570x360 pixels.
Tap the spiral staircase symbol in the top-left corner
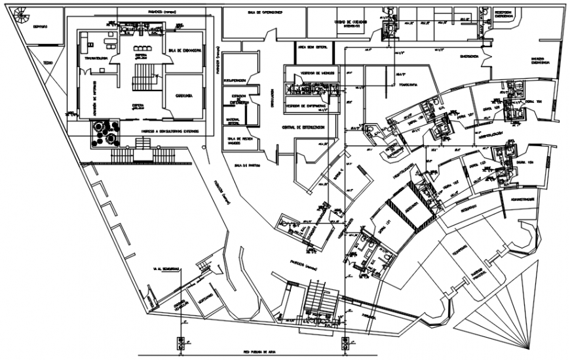click(x=21, y=12)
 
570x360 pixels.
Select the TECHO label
click(x=48, y=63)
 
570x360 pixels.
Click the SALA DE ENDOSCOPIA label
click(x=184, y=50)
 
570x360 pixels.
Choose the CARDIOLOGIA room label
click(x=183, y=96)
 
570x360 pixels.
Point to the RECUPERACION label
click(x=235, y=80)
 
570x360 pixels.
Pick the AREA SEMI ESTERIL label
click(x=311, y=47)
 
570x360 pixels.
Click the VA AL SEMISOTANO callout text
click(x=167, y=268)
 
